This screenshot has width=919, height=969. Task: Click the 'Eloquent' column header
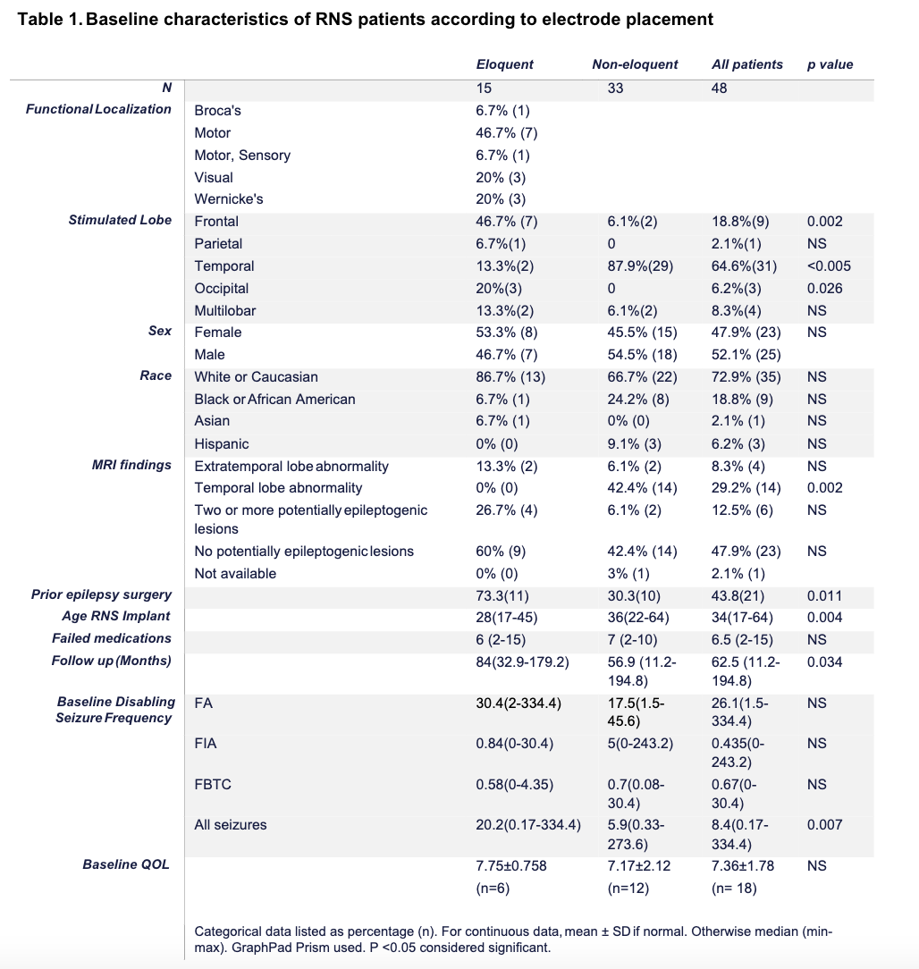pos(504,64)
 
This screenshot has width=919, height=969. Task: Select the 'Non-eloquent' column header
pos(635,64)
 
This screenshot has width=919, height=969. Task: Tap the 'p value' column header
pos(830,64)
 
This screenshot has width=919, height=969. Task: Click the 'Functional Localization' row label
pos(98,109)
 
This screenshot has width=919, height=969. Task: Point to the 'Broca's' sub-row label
pos(217,111)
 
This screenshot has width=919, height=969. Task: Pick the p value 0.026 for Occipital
pos(824,288)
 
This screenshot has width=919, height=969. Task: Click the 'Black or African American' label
pos(274,399)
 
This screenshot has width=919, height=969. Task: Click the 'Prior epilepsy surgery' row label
pos(101,594)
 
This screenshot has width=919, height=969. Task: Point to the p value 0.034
pos(824,661)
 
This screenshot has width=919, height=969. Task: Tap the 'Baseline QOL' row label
pos(126,864)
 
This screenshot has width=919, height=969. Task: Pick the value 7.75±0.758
pos(511,865)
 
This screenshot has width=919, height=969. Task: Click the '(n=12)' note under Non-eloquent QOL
pos(628,889)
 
